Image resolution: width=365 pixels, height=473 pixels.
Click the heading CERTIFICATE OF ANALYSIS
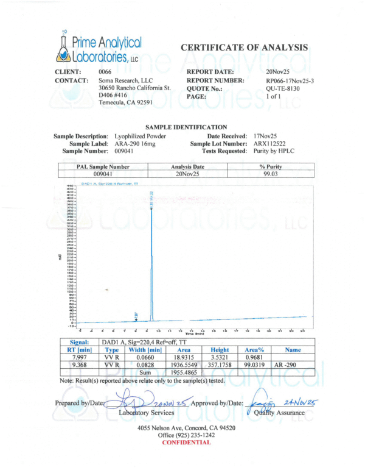coord(244,47)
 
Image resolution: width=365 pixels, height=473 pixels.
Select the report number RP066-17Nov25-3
coord(290,80)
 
